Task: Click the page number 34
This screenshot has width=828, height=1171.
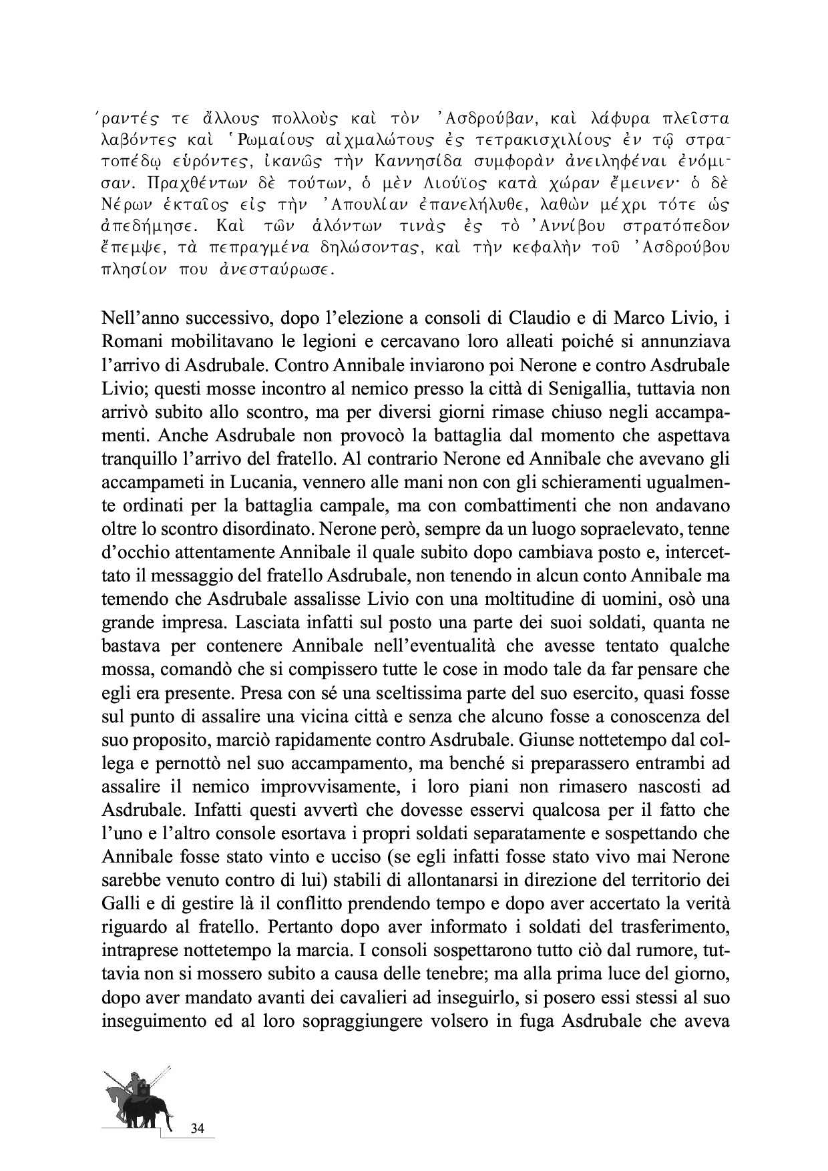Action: click(x=197, y=1129)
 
